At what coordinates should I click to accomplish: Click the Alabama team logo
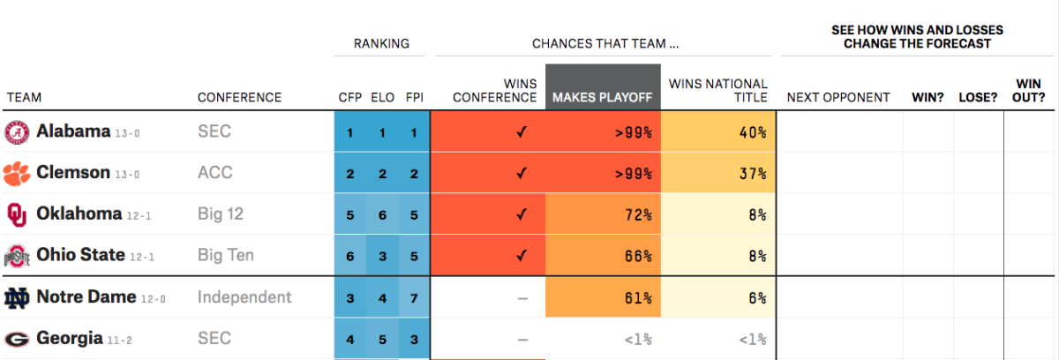(x=17, y=132)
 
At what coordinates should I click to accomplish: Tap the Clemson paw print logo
(x=17, y=174)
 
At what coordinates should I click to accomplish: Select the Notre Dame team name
(x=86, y=296)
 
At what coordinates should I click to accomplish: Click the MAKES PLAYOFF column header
(x=603, y=97)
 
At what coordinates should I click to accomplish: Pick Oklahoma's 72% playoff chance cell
(x=603, y=214)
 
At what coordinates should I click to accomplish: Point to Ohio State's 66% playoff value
(x=638, y=256)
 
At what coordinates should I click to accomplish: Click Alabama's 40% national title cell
(x=718, y=131)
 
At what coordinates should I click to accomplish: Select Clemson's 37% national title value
(x=753, y=174)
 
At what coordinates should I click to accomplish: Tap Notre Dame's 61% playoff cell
(x=603, y=297)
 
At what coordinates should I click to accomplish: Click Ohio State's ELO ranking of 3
(x=382, y=256)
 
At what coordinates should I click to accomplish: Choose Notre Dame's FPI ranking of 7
(x=414, y=298)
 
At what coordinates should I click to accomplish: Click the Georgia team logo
(x=17, y=339)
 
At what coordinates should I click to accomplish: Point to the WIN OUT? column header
(x=1029, y=91)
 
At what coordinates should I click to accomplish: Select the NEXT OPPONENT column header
(x=838, y=97)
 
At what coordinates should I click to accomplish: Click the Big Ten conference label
(x=226, y=255)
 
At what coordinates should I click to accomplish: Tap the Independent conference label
(x=244, y=296)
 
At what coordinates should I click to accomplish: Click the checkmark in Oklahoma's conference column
(x=522, y=214)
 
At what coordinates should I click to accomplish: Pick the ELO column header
(x=382, y=97)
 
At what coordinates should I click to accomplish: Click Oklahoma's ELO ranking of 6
(x=382, y=215)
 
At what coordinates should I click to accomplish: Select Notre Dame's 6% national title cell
(x=718, y=297)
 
